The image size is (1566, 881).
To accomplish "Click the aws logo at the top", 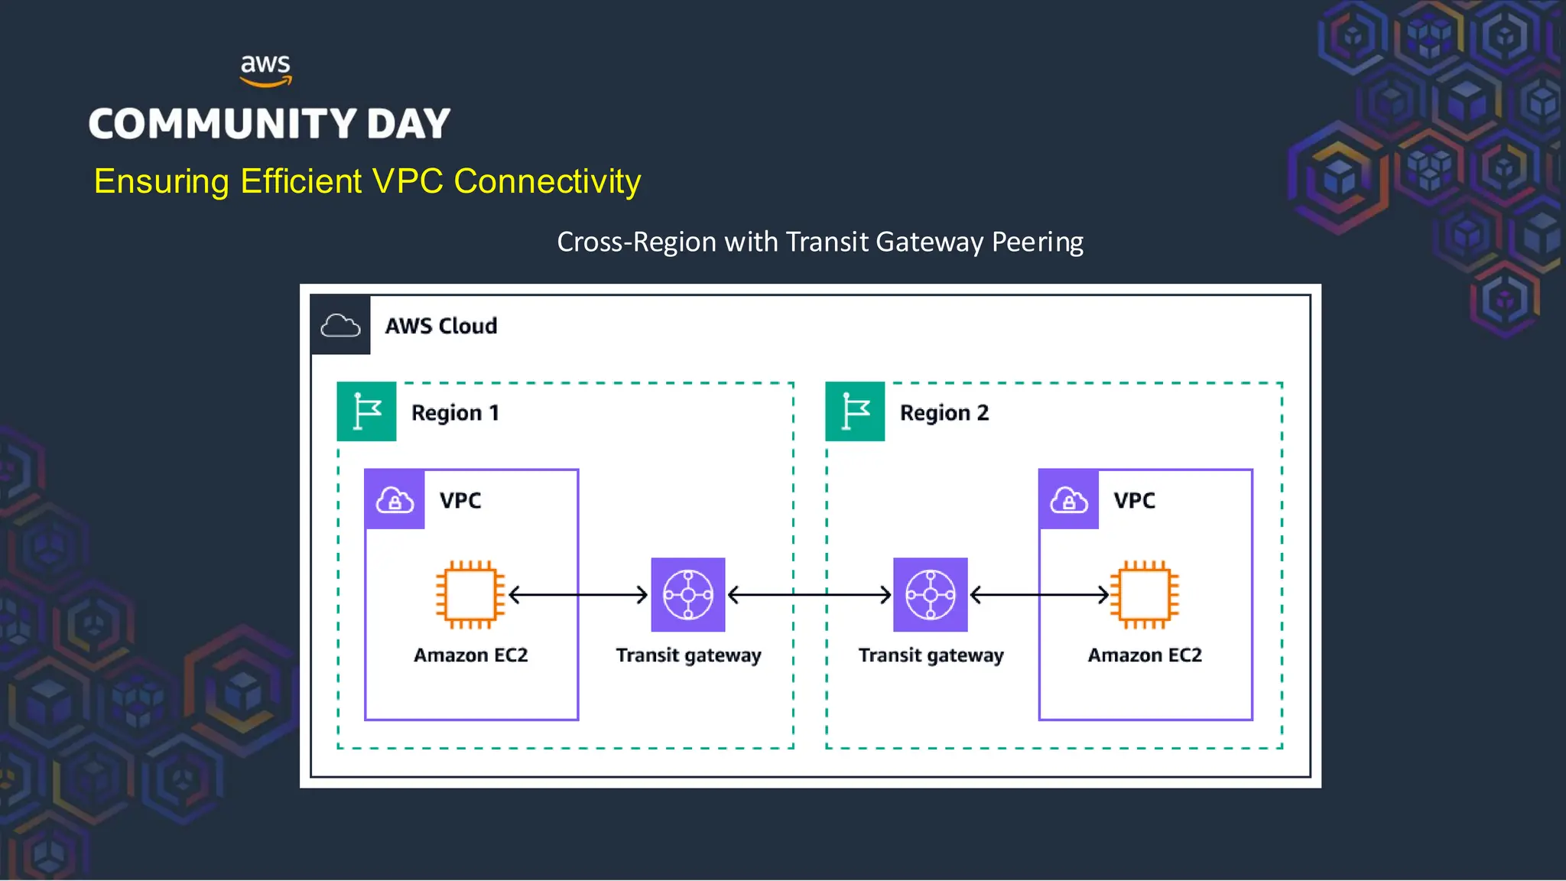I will pos(265,70).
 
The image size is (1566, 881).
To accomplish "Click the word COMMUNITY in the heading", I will pos(223,124).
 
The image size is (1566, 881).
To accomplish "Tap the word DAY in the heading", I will pos(408,124).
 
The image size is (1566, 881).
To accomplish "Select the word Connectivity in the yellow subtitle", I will pos(547,182).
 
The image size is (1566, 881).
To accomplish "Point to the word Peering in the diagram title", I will pos(1037,242).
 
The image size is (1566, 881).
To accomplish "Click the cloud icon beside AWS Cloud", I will pos(340,325).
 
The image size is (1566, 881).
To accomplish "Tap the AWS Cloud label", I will pos(440,326).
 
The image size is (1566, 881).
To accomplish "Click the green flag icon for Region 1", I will pos(366,411).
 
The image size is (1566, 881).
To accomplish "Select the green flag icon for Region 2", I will pos(855,411).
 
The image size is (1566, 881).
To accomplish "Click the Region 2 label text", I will pos(944,413).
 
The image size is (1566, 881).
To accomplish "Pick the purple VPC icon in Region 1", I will pos(395,500).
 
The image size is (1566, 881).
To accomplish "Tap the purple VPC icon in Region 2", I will pos(1068,500).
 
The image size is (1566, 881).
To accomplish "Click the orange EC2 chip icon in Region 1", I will pos(470,594).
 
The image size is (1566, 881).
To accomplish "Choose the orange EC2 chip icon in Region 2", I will pos(1144,594).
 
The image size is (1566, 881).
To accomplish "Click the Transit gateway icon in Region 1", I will pos(687,594).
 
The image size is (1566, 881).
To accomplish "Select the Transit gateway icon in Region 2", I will pos(930,594).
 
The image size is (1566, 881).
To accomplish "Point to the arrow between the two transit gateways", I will pos(809,594).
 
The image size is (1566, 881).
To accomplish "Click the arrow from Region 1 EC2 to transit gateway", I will pos(578,594).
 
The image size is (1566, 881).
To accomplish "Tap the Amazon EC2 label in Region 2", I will pos(1144,655).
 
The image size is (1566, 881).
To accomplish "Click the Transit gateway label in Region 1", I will pos(688,655).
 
